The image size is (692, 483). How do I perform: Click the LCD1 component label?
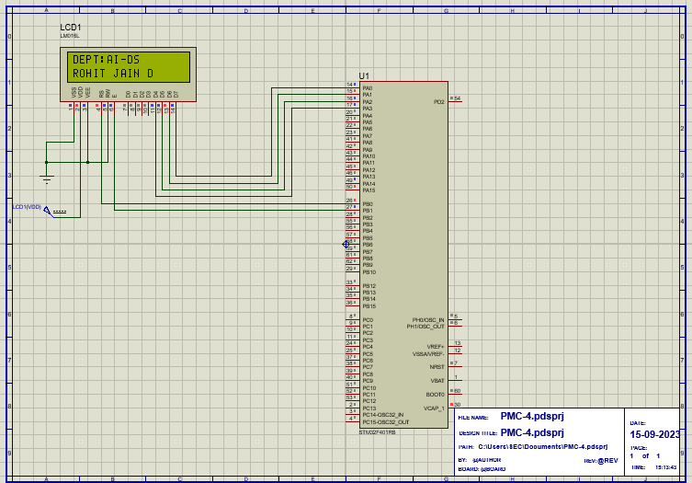(x=70, y=28)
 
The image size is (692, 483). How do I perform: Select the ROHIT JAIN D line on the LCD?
(x=113, y=73)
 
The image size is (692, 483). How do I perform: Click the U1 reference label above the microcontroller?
(x=364, y=75)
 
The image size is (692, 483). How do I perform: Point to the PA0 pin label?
(x=368, y=88)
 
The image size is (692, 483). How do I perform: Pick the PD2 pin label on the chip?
(x=438, y=101)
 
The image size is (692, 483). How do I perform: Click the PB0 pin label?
(x=368, y=204)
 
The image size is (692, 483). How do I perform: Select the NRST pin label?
(x=437, y=366)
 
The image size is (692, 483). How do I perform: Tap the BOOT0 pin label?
(x=436, y=394)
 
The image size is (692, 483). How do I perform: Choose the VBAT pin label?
(x=437, y=380)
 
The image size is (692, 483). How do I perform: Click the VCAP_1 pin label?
(x=434, y=408)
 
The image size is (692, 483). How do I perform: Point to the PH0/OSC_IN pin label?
(x=427, y=319)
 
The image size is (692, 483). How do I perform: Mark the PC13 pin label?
(x=369, y=408)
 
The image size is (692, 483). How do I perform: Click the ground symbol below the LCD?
(x=47, y=178)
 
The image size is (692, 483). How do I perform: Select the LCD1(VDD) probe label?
(x=27, y=207)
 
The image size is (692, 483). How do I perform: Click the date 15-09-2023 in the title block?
(x=654, y=434)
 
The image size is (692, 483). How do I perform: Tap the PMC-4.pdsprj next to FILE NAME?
(x=532, y=416)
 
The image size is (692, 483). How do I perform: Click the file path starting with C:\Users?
(x=543, y=446)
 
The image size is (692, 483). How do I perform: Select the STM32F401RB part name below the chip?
(x=378, y=431)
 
